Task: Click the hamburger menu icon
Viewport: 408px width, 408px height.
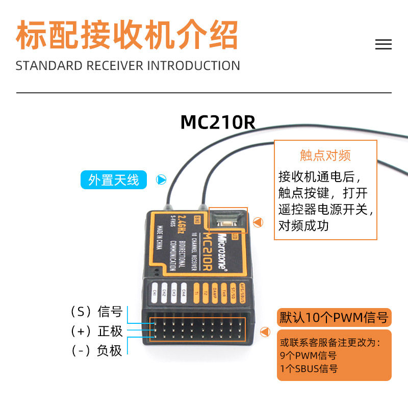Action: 383,44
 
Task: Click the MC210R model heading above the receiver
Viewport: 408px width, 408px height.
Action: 217,122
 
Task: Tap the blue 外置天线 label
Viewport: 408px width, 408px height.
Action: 114,180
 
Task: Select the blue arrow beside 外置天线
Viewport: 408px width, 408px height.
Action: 161,180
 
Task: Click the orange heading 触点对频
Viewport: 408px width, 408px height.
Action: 325,156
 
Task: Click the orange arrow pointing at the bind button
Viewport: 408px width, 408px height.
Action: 258,222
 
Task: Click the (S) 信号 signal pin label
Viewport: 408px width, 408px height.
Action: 97,311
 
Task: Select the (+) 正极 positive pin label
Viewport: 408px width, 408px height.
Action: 97,331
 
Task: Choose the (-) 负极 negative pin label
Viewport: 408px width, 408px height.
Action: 97,350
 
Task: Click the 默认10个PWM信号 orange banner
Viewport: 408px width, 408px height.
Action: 334,318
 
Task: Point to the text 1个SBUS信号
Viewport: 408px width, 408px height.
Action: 309,369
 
